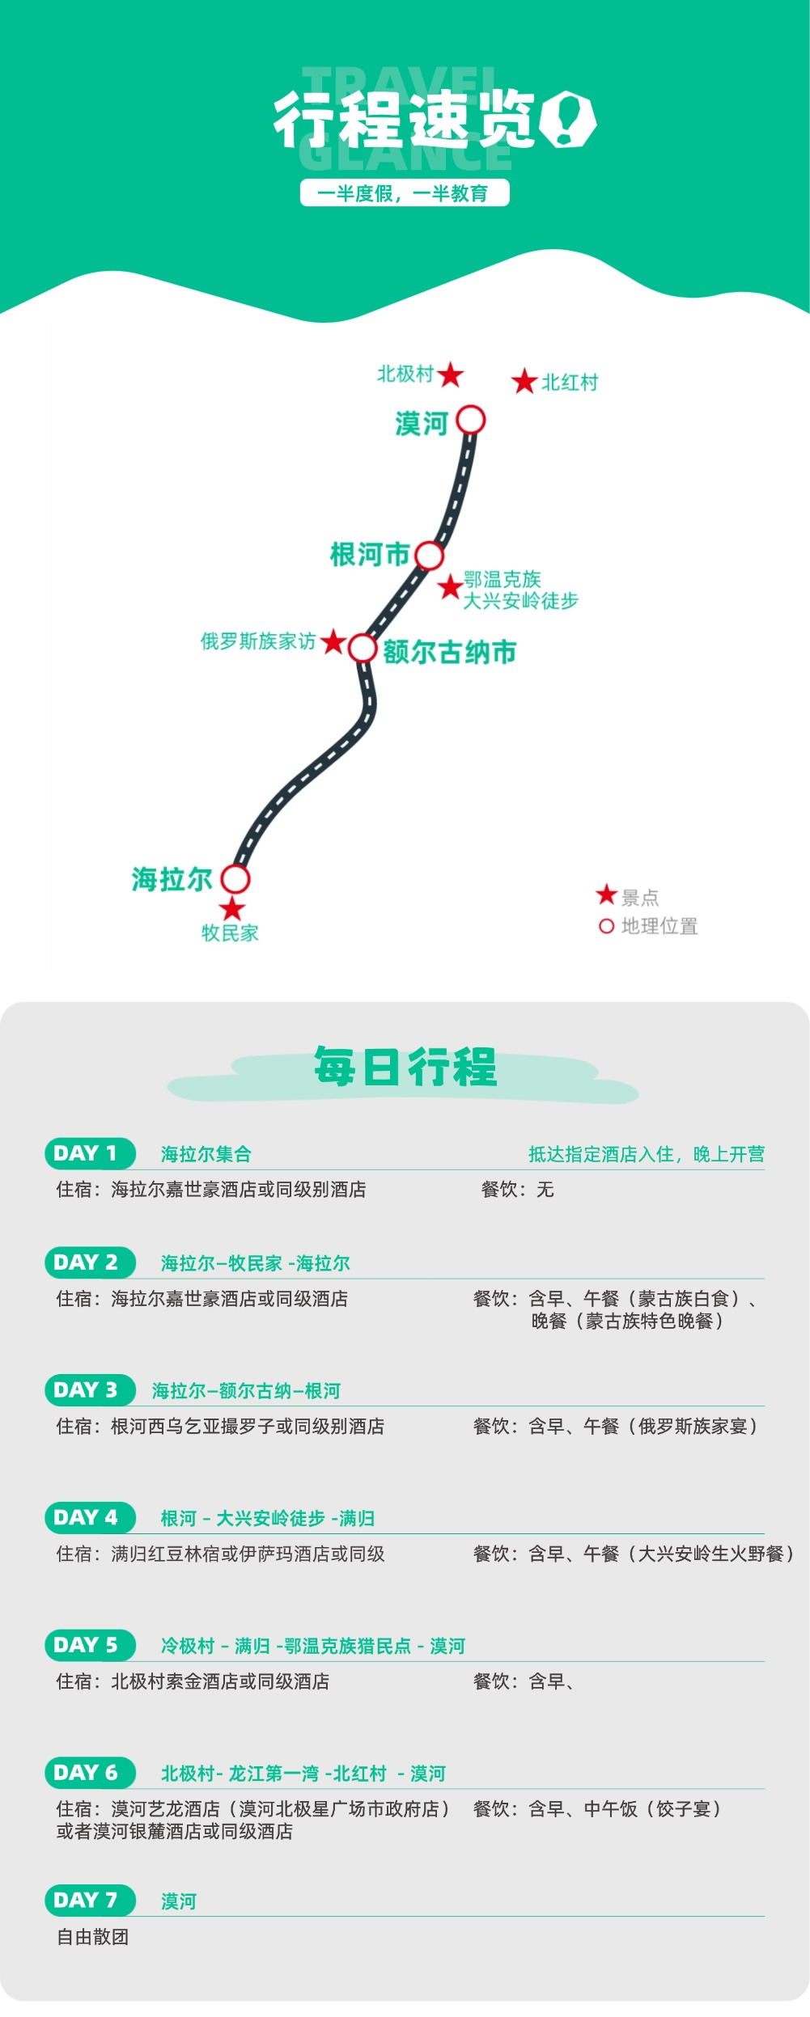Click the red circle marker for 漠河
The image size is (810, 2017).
coord(471,421)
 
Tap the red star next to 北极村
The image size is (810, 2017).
coord(451,374)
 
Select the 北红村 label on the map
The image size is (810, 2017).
coord(570,383)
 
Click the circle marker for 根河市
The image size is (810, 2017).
coord(430,556)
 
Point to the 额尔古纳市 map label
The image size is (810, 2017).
coord(449,652)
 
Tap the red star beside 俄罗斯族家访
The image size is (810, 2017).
coord(333,642)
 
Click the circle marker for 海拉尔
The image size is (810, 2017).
coord(235,878)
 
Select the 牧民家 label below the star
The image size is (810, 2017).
coord(230,932)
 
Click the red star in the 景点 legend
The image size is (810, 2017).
coord(607,894)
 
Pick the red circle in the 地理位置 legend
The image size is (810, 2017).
coord(607,926)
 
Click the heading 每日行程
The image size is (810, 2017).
coord(405,1067)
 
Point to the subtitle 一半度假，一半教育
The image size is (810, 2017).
coord(405,193)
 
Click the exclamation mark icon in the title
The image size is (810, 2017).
coord(567,119)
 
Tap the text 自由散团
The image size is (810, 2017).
coord(93,1937)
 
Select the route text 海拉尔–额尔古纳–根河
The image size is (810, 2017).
coord(246,1390)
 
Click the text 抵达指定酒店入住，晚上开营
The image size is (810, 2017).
coord(646,1154)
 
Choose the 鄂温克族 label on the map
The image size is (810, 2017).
coord(502,579)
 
